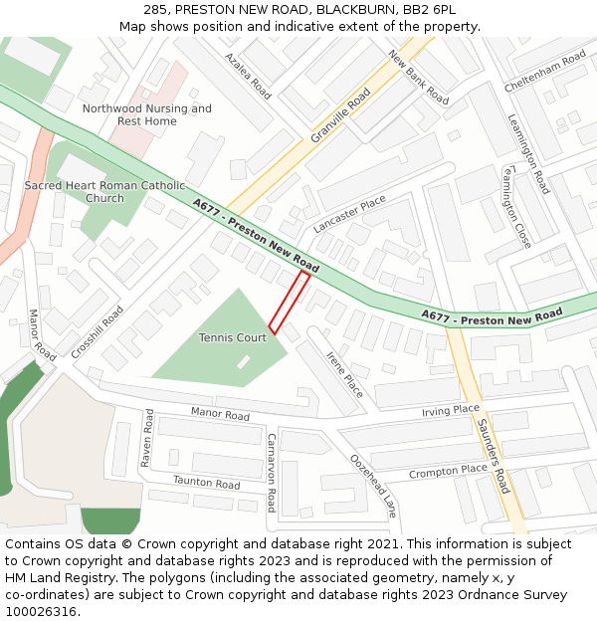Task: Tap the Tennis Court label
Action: (x=233, y=338)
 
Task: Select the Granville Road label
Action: (x=340, y=115)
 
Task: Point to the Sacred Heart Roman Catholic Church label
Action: (x=104, y=192)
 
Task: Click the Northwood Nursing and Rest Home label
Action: (x=146, y=114)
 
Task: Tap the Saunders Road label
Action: (x=494, y=456)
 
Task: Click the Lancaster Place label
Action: (x=349, y=214)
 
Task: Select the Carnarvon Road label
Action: (x=271, y=473)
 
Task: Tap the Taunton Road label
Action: (x=207, y=483)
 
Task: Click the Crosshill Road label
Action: (x=98, y=332)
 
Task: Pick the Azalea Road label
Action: (x=248, y=76)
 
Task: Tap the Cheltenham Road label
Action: (x=545, y=73)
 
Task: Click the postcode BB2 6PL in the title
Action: (x=430, y=9)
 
